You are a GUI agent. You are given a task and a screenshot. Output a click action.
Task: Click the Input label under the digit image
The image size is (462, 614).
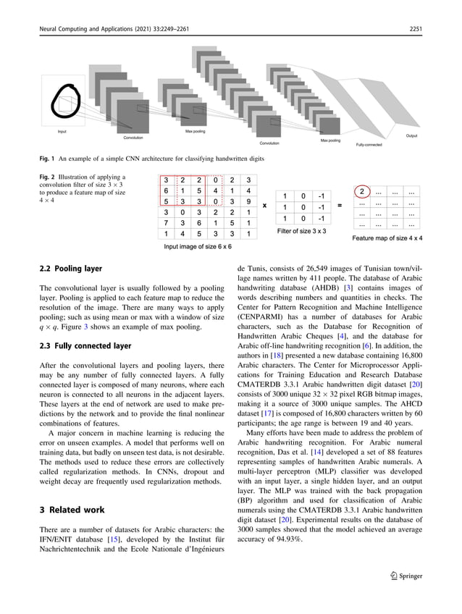62,132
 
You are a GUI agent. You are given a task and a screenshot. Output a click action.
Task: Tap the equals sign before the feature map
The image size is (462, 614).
340,206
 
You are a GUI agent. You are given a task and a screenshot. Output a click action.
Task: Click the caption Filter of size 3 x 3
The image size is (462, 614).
302,231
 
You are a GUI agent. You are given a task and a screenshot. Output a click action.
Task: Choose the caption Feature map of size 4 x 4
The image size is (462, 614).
387,237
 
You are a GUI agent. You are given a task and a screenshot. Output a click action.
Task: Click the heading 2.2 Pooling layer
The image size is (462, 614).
70,269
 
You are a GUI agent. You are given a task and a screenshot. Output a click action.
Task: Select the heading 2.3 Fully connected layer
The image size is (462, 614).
85,346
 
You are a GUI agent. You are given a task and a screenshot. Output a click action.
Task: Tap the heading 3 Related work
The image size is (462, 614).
71,510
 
